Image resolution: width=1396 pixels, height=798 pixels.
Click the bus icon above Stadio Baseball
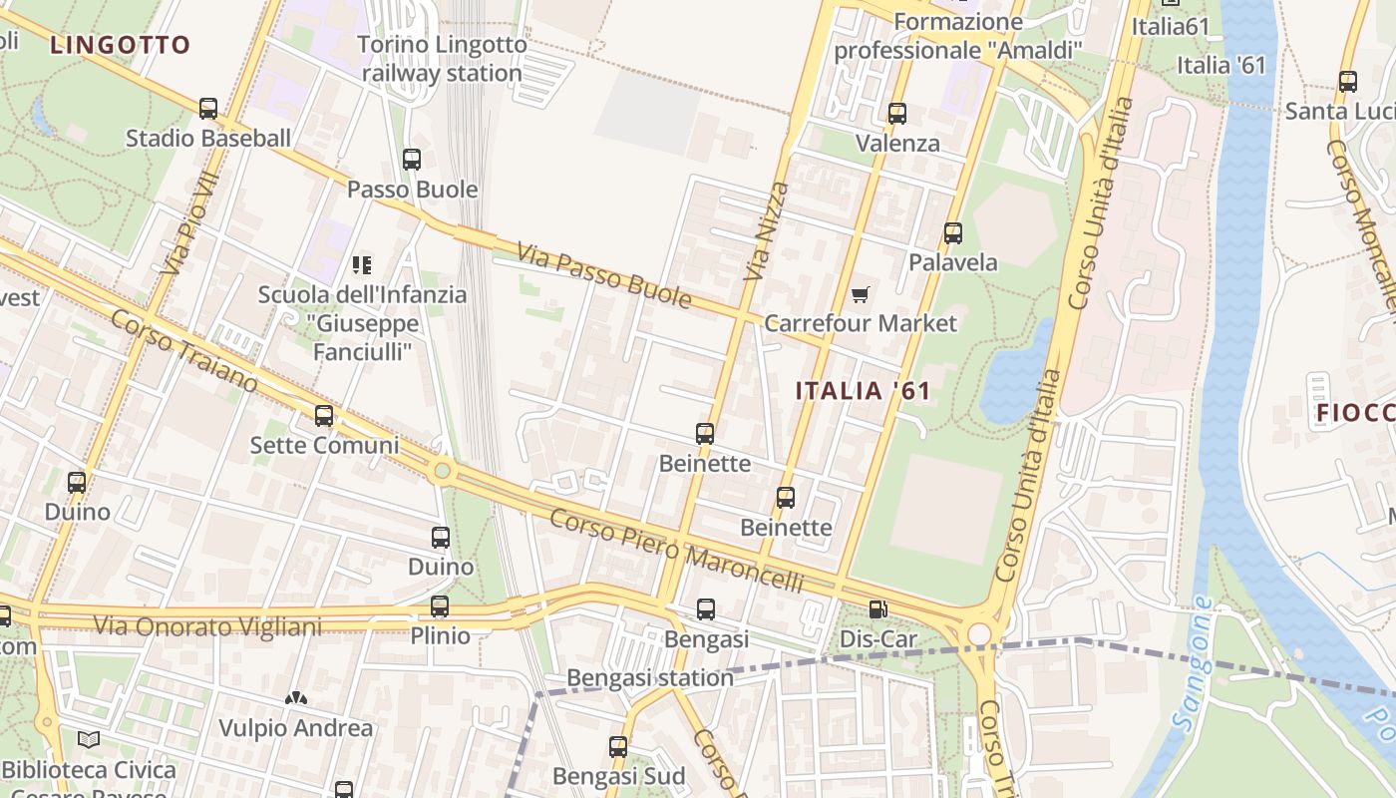click(x=208, y=108)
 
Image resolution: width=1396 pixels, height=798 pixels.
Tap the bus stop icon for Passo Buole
click(x=412, y=159)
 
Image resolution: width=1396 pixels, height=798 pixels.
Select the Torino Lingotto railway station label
click(x=442, y=59)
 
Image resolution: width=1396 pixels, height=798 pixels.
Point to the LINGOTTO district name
click(x=120, y=45)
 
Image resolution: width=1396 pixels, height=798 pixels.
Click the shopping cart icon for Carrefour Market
click(x=861, y=294)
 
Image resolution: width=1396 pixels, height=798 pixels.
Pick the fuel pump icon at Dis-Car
click(x=877, y=608)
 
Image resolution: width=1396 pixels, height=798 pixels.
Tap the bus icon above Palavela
click(x=953, y=233)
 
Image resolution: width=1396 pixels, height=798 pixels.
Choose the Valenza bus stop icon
click(x=897, y=114)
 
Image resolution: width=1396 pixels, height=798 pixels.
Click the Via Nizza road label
click(x=766, y=231)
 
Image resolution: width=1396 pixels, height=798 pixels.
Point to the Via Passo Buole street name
click(x=603, y=274)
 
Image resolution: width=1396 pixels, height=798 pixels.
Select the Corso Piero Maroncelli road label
click(x=676, y=551)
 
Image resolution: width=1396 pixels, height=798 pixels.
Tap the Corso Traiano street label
click(x=183, y=351)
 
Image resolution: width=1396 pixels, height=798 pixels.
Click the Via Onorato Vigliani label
click(x=207, y=626)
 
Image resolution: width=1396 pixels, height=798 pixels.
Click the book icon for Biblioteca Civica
click(x=89, y=739)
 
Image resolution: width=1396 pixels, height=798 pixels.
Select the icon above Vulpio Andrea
click(x=296, y=698)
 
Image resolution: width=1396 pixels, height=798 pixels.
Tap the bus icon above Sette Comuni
click(x=324, y=415)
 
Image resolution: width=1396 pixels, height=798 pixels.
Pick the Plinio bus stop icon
click(x=440, y=605)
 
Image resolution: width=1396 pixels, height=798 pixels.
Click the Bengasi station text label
click(x=650, y=678)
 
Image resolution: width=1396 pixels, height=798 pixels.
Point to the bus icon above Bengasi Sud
click(x=618, y=746)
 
